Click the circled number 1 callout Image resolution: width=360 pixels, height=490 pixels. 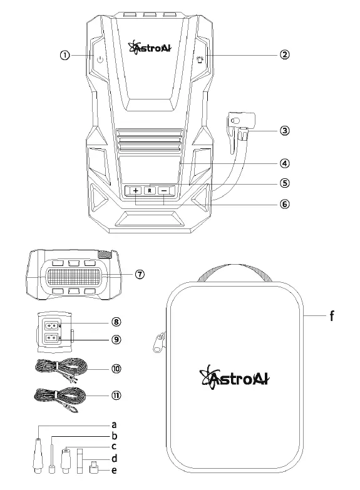pyautogui.click(x=64, y=54)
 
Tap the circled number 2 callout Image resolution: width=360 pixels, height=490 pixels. pyautogui.click(x=284, y=54)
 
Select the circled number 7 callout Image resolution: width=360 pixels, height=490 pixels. pyautogui.click(x=140, y=275)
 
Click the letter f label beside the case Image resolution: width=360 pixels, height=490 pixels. pyautogui.click(x=332, y=316)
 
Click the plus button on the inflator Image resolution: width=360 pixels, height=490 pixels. pyautogui.click(x=136, y=190)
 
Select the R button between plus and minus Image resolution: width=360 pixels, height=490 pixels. pyautogui.click(x=150, y=190)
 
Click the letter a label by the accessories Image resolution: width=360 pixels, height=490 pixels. pyautogui.click(x=114, y=424)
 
